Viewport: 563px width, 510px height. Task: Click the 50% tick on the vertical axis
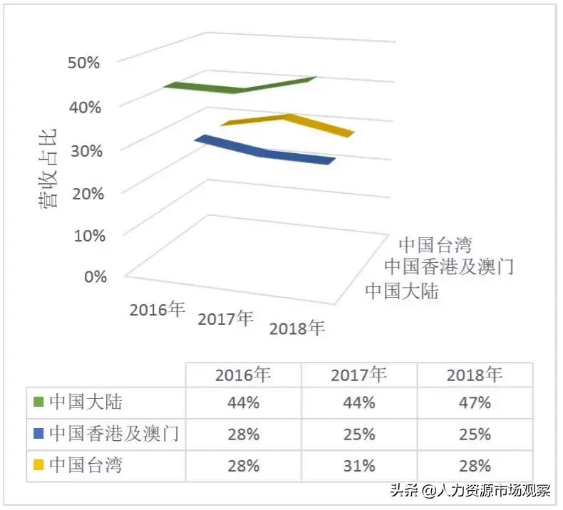[x=84, y=63]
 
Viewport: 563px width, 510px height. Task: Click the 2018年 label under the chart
[x=296, y=328]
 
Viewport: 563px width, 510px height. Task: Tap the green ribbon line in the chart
[x=239, y=88]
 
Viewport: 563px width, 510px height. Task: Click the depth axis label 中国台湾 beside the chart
[x=435, y=245]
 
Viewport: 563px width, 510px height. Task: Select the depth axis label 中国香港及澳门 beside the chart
[x=449, y=267]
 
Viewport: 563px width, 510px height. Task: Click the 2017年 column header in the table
[x=358, y=375]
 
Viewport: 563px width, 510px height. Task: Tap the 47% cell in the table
[x=475, y=402]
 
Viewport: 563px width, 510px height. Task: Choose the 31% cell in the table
[x=358, y=466]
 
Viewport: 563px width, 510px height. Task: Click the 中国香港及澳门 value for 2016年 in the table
[x=243, y=434]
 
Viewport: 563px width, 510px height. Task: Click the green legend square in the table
[x=38, y=402]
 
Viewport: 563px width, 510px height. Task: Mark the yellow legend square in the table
[x=38, y=466]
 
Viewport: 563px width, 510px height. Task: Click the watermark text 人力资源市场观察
[x=495, y=491]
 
